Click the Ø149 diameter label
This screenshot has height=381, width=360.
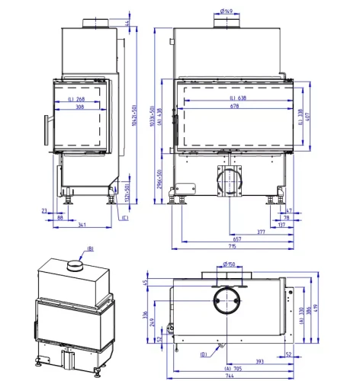pyautogui.click(x=227, y=11)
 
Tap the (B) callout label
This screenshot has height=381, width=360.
pyautogui.click(x=90, y=248)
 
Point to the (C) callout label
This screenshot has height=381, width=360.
pyautogui.click(x=124, y=219)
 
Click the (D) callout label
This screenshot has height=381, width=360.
pyautogui.click(x=204, y=354)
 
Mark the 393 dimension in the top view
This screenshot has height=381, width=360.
pyautogui.click(x=260, y=360)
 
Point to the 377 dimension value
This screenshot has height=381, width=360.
pyautogui.click(x=261, y=231)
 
